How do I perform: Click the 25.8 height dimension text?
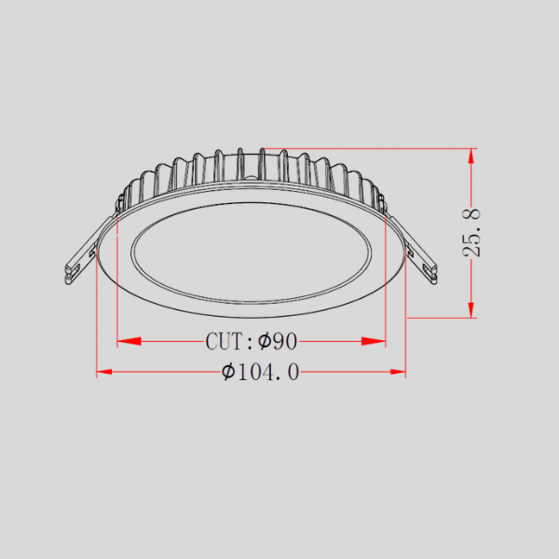point(471,233)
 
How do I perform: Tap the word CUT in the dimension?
point(224,341)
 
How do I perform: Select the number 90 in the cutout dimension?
point(284,341)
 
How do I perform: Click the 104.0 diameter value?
point(268,372)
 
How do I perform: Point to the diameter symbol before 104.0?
point(228,372)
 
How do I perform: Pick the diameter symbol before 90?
point(265,341)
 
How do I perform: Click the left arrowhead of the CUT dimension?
point(130,341)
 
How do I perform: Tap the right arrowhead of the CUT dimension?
point(374,341)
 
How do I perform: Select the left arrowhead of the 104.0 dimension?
point(104,372)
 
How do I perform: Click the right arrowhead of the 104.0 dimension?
point(398,372)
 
